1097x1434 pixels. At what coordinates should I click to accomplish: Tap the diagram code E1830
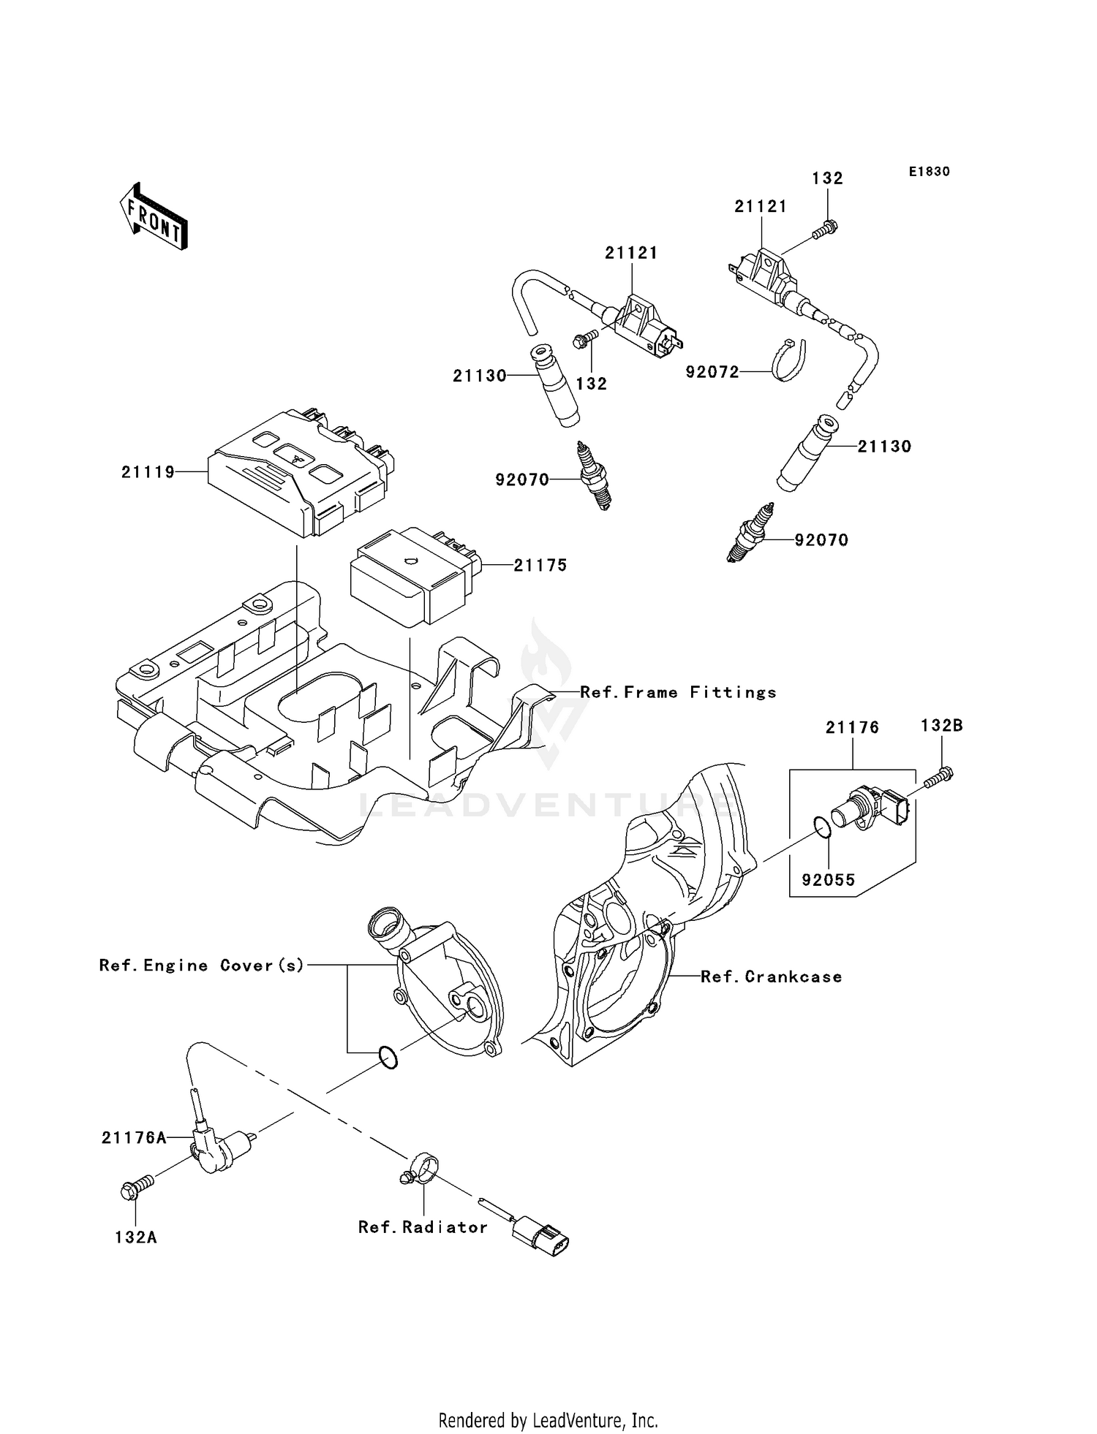[930, 172]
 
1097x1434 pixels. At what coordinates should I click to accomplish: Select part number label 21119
[148, 473]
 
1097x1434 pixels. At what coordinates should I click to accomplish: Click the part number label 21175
[540, 565]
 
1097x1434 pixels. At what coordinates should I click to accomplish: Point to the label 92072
[712, 372]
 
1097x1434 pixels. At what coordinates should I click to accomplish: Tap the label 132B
[941, 726]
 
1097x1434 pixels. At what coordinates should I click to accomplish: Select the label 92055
[829, 880]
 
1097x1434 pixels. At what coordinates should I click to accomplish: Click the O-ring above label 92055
[822, 827]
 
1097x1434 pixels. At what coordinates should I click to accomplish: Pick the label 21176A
[134, 1137]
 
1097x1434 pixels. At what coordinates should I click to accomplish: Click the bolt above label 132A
[136, 1188]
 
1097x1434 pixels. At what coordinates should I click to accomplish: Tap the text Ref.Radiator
[423, 1227]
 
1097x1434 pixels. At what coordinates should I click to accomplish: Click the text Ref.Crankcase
[771, 976]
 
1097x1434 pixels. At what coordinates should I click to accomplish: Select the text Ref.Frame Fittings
[678, 692]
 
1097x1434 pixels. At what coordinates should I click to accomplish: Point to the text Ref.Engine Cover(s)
[202, 966]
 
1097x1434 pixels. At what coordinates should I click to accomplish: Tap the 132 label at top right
[828, 178]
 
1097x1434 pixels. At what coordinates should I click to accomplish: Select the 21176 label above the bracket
[852, 727]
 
